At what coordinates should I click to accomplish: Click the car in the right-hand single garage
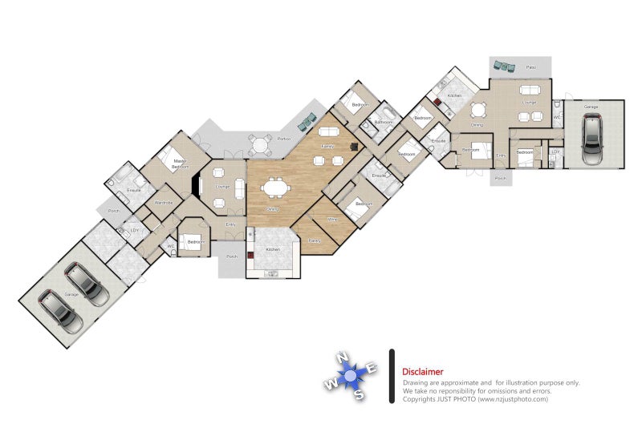(592, 139)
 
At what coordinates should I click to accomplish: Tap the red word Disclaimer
(422, 372)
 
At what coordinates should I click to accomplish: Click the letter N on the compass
(342, 357)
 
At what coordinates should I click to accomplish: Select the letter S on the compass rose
(360, 394)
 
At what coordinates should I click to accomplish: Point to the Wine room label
(331, 218)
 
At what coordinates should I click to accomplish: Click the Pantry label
(314, 240)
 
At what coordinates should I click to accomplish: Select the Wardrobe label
(164, 203)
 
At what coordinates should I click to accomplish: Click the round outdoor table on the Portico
(260, 145)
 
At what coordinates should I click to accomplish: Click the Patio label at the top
(531, 67)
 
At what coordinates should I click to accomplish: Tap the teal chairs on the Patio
(504, 66)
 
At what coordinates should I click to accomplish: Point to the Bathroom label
(384, 122)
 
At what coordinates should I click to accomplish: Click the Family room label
(327, 147)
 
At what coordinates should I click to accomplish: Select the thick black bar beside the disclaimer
(391, 375)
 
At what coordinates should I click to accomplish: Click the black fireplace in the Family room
(354, 147)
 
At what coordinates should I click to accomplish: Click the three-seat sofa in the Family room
(328, 131)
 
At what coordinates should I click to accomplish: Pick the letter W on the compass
(330, 385)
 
